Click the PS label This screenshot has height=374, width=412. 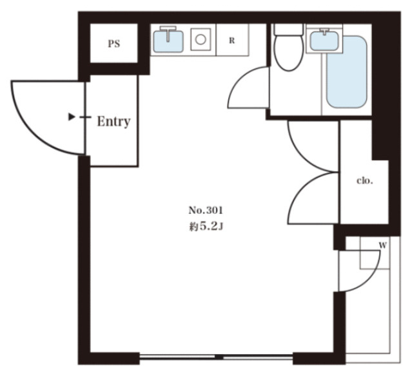click(x=114, y=44)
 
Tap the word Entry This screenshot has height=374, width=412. click(x=113, y=122)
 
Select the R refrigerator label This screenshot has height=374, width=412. click(x=231, y=41)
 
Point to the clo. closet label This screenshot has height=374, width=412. click(x=365, y=181)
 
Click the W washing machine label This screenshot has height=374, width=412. click(x=382, y=245)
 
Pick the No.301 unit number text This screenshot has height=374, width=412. click(x=206, y=210)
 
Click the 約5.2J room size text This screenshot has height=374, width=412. click(x=206, y=227)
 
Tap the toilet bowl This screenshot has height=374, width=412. click(x=289, y=53)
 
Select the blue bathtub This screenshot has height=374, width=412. click(x=347, y=72)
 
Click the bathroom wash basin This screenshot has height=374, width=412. click(x=324, y=41)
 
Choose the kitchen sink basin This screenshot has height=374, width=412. click(x=168, y=41)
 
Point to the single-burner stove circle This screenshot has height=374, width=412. click(x=201, y=40)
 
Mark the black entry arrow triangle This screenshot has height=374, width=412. click(x=71, y=117)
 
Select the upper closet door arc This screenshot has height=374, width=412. click(x=302, y=157)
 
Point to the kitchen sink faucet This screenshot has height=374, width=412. click(x=168, y=33)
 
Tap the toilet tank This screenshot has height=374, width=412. click(x=288, y=30)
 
